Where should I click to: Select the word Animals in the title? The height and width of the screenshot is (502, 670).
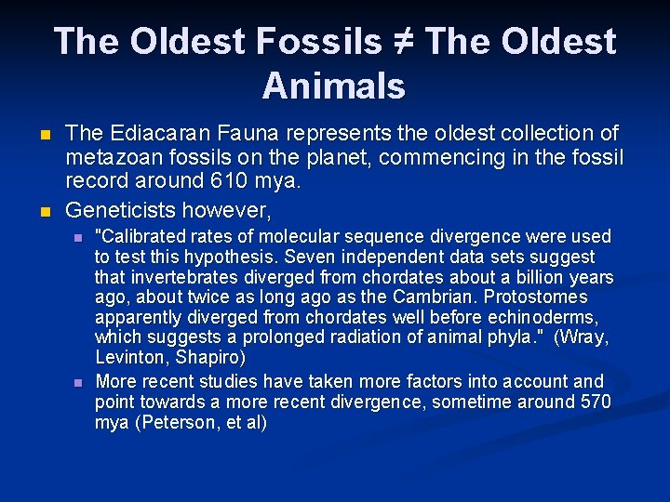click(x=334, y=86)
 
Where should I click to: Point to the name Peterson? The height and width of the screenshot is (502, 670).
click(x=179, y=422)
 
